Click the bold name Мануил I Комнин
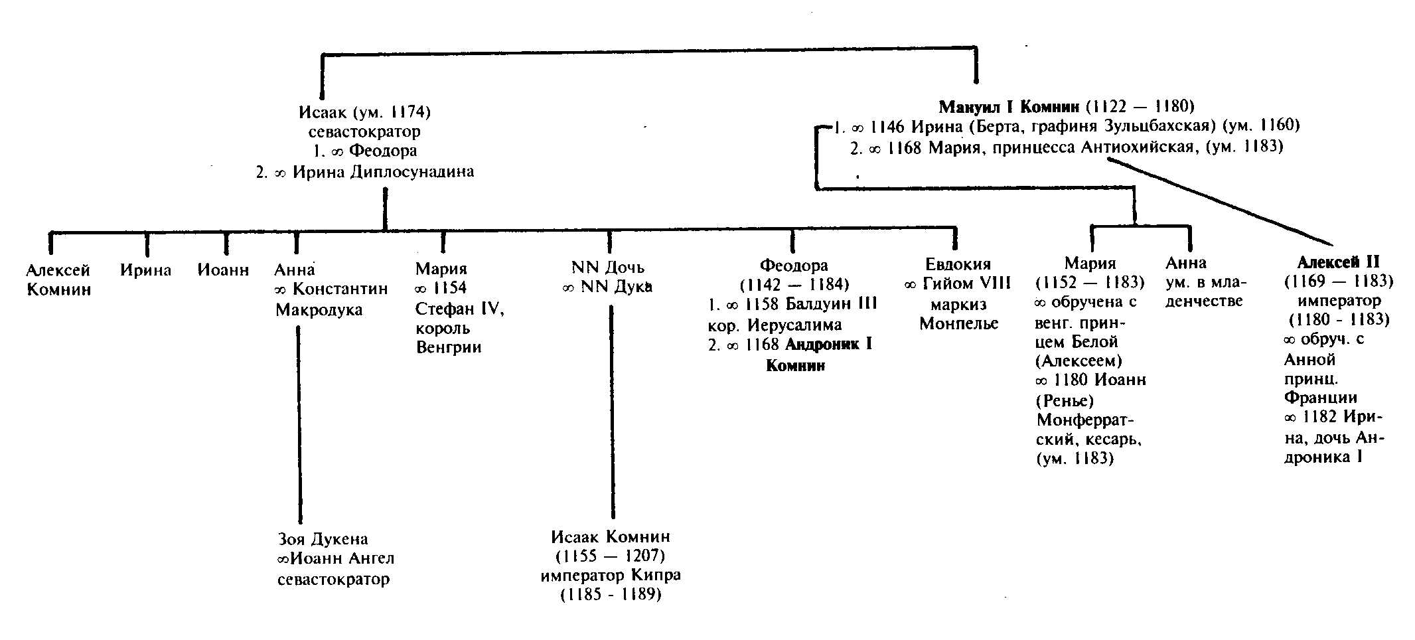point(1009,106)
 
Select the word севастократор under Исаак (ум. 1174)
point(364,131)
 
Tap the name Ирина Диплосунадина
point(383,172)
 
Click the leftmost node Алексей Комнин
point(58,280)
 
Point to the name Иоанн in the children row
point(223,270)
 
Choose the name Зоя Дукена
point(323,539)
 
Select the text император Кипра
point(611,575)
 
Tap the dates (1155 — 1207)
point(609,555)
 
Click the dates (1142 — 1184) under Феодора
point(794,285)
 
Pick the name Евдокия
point(958,264)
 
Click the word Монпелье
point(959,324)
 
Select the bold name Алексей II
point(1338,262)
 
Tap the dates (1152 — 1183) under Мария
point(1090,282)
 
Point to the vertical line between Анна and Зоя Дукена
point(299,425)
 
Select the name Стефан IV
point(460,309)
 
